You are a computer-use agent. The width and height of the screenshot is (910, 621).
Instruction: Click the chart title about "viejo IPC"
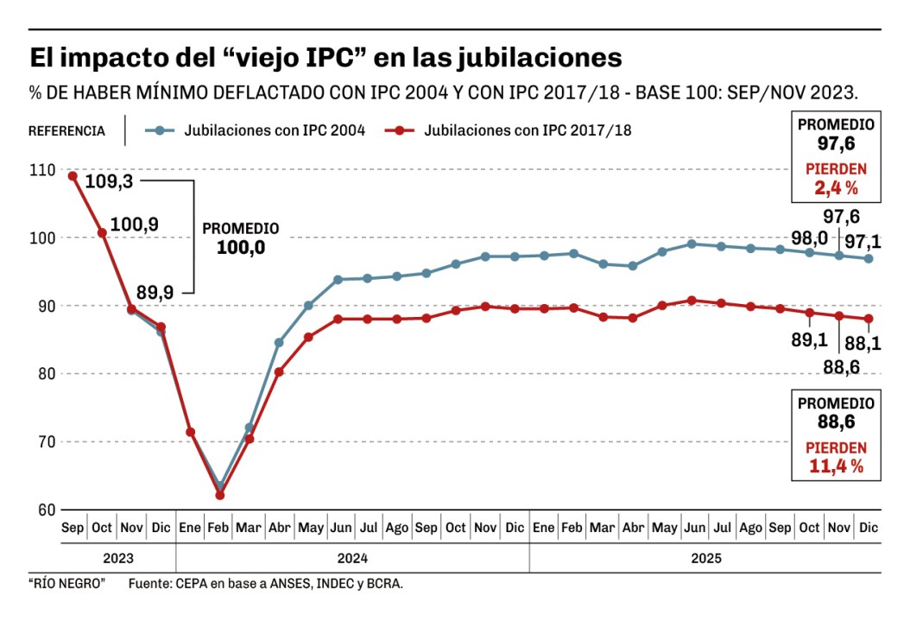pyautogui.click(x=325, y=58)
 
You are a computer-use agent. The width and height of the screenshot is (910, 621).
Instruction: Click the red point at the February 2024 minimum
pyautogui.click(x=220, y=495)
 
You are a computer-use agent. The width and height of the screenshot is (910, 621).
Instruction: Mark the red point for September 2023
pyautogui.click(x=73, y=176)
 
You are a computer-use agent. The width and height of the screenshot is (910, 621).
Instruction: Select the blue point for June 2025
pyautogui.click(x=692, y=244)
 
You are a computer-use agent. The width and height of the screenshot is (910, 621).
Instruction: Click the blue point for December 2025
pyautogui.click(x=869, y=258)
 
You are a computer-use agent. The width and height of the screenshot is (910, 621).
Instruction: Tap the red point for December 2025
pyautogui.click(x=869, y=319)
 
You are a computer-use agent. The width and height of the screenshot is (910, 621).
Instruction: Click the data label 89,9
pyautogui.click(x=155, y=293)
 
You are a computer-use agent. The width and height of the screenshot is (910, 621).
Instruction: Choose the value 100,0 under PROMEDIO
pyautogui.click(x=240, y=248)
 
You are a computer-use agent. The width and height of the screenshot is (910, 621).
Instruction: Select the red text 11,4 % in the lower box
pyautogui.click(x=836, y=466)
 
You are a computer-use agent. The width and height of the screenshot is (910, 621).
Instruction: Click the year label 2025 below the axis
pyautogui.click(x=705, y=558)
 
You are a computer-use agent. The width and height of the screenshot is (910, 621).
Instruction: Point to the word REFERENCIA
pyautogui.click(x=66, y=131)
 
